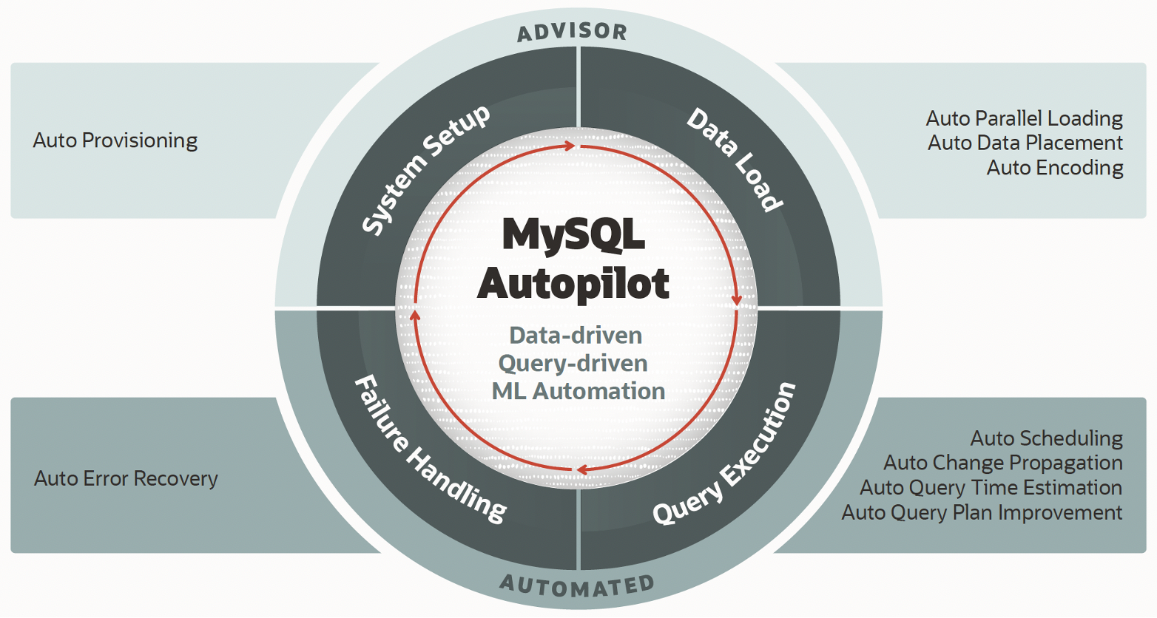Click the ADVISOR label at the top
[x=572, y=32]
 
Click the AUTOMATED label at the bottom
[x=577, y=585]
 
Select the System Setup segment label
[x=425, y=171]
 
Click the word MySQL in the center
[x=573, y=234]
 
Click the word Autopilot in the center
[x=573, y=283]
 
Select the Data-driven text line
[x=576, y=336]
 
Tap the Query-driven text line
[x=573, y=364]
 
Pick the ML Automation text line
[x=578, y=391]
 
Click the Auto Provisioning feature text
[x=115, y=140]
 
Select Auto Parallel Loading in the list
[x=1024, y=118]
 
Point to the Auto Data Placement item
[x=1025, y=143]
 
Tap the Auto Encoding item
[x=1055, y=168]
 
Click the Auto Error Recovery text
[x=126, y=479]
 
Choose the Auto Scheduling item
[x=1046, y=438]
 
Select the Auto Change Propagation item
[x=1002, y=463]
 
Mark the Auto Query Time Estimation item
[x=991, y=488]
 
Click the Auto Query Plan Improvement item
[x=982, y=512]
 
